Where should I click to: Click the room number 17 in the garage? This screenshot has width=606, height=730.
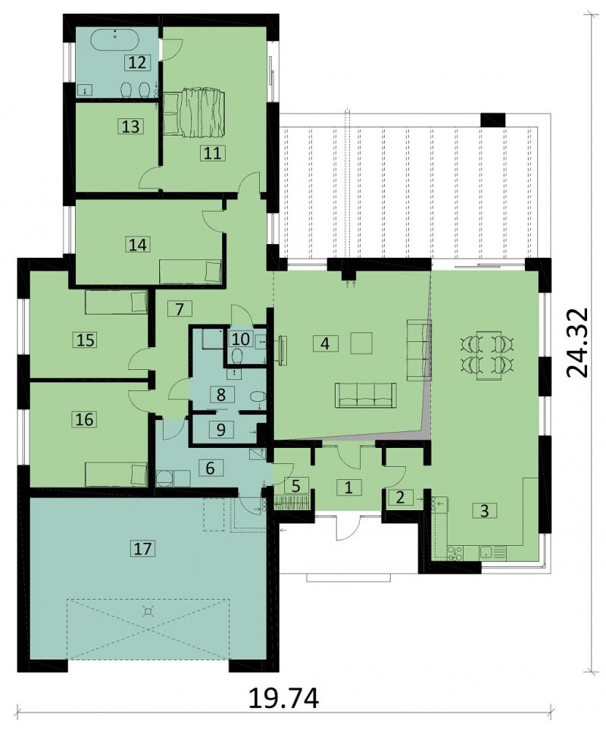click(142, 548)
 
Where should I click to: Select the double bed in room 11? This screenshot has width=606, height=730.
click(193, 114)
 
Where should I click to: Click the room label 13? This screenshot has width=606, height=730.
click(131, 126)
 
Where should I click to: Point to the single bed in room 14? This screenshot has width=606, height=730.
click(190, 271)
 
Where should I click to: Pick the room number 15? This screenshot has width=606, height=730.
click(85, 340)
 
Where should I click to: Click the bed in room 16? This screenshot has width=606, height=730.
click(116, 474)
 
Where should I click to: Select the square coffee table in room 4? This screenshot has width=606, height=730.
click(361, 343)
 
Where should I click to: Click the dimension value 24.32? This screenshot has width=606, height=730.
click(579, 343)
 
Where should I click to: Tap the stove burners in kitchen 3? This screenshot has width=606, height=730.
click(454, 552)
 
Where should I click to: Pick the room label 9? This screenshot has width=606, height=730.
click(221, 429)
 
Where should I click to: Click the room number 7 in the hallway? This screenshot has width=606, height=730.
click(180, 309)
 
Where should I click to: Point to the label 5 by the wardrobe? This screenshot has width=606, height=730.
click(295, 486)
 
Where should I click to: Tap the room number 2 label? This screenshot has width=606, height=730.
click(400, 497)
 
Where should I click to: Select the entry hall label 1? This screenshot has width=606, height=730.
click(348, 487)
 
